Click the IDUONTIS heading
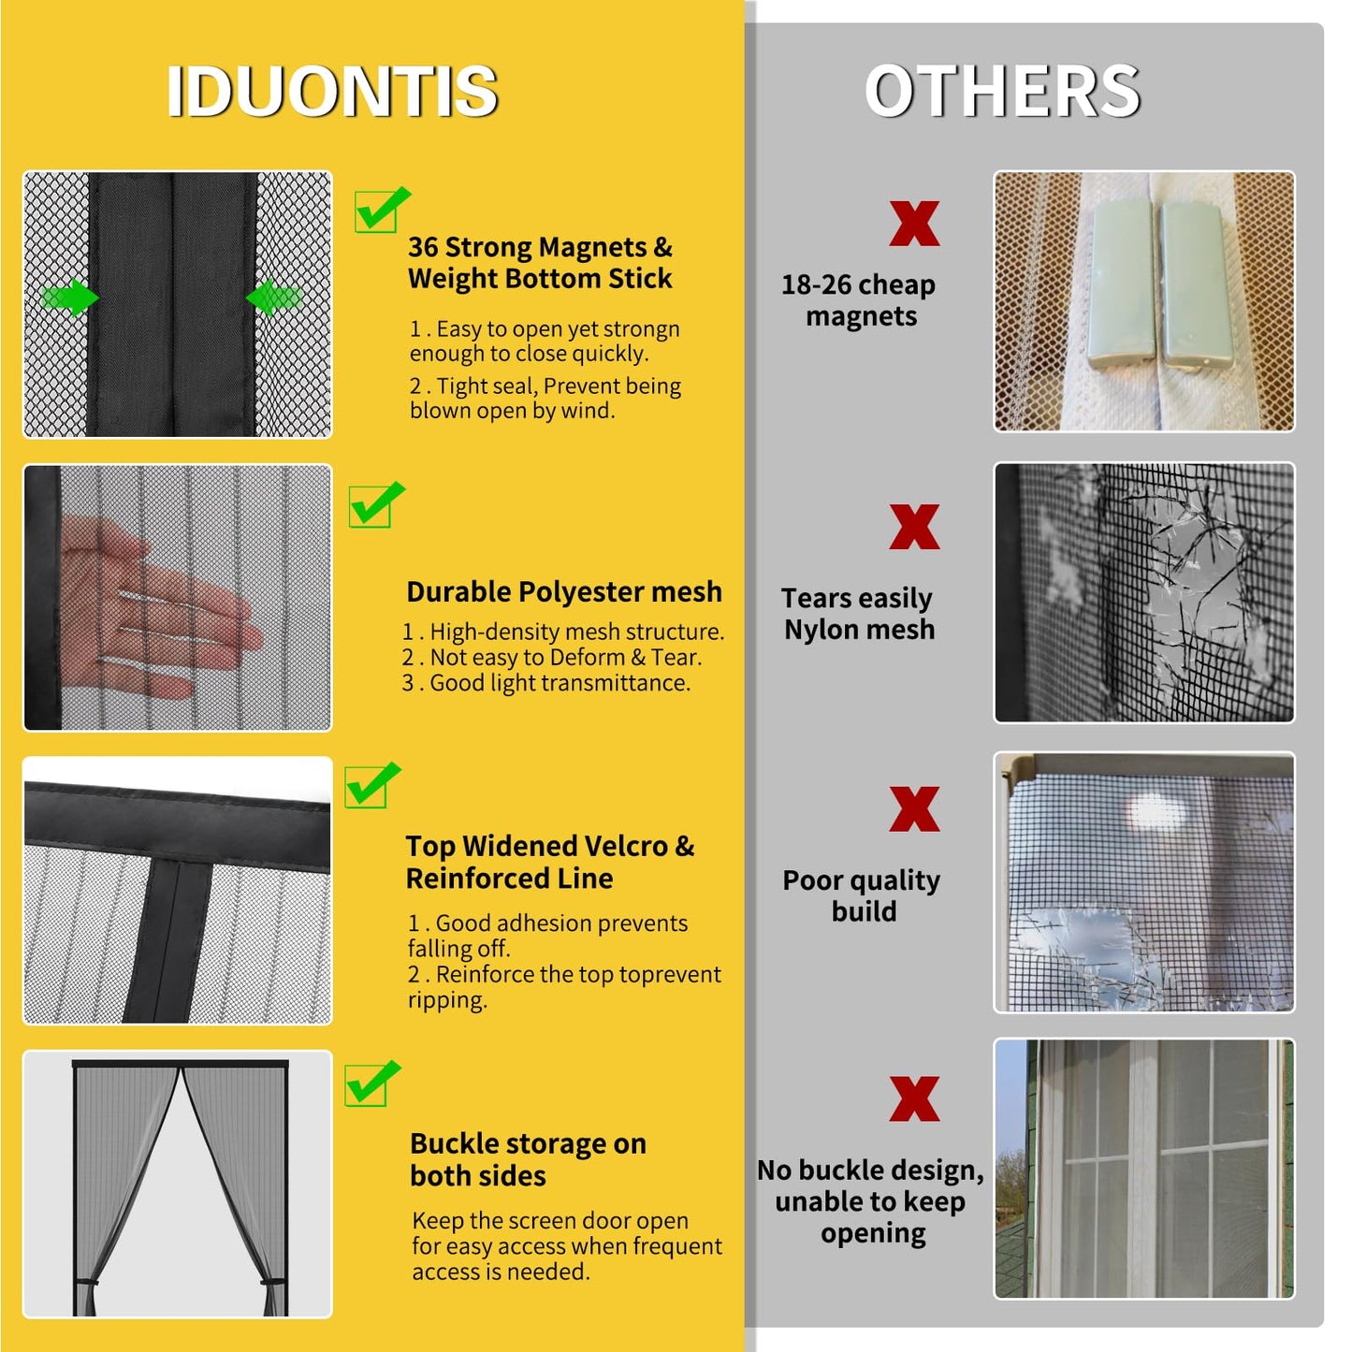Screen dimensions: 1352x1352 [x=331, y=92]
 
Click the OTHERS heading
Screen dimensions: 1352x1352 [x=1002, y=92]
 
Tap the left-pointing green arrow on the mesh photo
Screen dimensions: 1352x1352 [x=273, y=298]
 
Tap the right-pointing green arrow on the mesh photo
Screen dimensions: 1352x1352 [x=71, y=298]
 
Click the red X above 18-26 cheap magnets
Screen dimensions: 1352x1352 [x=914, y=224]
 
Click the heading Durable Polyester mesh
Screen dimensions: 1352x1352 [x=564, y=592]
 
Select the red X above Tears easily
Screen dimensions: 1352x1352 [x=914, y=527]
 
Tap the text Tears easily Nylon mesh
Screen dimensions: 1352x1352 [x=859, y=614]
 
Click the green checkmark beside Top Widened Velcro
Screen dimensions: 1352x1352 [x=371, y=785]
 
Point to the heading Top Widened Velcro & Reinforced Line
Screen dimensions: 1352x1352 [x=549, y=862]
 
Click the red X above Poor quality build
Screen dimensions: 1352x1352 [x=914, y=809]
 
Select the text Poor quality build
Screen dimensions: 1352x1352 [x=862, y=895]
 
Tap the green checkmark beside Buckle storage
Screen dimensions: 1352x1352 [x=371, y=1083]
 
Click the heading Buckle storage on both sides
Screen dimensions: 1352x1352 [x=528, y=1159]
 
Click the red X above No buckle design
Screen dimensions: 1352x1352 [x=914, y=1098]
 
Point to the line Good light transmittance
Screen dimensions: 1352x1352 [x=559, y=684]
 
